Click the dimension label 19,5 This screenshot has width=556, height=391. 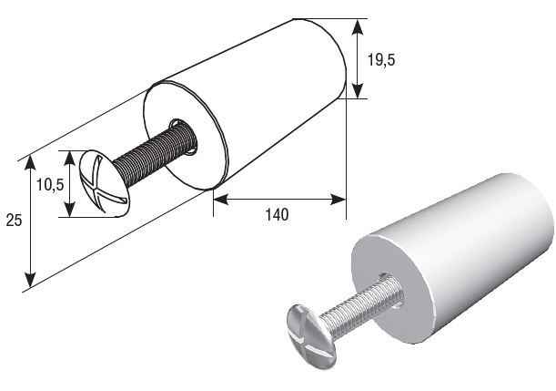click(x=380, y=60)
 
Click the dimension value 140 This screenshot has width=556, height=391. click(x=277, y=214)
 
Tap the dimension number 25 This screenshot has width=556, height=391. click(x=14, y=221)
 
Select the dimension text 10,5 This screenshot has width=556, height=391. click(x=50, y=185)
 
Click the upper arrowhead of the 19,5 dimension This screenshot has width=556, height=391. click(x=358, y=27)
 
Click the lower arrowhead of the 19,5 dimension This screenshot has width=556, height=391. click(x=358, y=90)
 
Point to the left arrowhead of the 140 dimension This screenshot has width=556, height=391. click(x=221, y=200)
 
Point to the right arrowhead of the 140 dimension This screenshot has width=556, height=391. click(x=338, y=200)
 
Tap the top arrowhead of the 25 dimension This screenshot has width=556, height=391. click(x=31, y=162)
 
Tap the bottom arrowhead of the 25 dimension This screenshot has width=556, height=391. click(x=31, y=279)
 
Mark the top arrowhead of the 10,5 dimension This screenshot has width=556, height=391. click(x=70, y=158)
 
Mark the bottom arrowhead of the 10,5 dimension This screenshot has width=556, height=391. click(x=70, y=210)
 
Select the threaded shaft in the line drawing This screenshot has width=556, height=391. click(x=155, y=152)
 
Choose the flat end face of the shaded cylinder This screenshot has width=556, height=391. click(x=392, y=289)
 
